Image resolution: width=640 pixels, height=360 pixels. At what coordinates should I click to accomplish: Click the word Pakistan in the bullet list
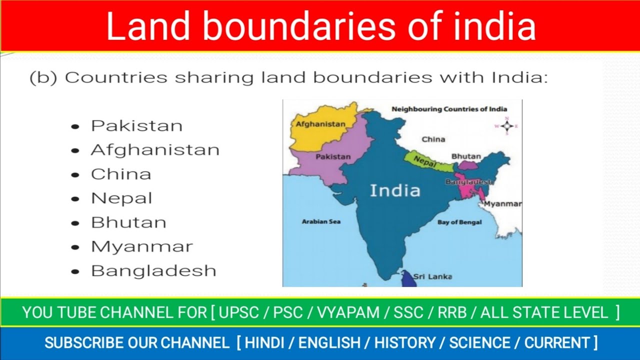click(x=136, y=125)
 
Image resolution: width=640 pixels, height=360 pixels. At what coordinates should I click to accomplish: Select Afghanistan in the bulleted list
click(x=155, y=149)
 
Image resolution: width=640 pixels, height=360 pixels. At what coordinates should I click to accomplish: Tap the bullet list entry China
click(x=121, y=174)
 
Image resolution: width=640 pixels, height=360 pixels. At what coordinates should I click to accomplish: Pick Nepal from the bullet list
click(x=121, y=198)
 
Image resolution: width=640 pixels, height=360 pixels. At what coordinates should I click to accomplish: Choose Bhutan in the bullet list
click(x=128, y=222)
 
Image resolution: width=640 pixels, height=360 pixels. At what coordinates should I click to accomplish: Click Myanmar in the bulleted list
click(x=141, y=246)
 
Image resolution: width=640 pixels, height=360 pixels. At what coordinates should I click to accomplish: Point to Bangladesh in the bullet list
click(x=153, y=270)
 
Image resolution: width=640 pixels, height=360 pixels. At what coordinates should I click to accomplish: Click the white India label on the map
click(x=395, y=190)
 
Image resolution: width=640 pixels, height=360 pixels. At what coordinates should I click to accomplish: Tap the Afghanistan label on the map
click(x=320, y=124)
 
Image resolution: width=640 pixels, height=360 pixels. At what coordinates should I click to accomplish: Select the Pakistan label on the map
click(x=333, y=156)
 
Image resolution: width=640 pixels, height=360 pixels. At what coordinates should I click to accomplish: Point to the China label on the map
click(x=433, y=139)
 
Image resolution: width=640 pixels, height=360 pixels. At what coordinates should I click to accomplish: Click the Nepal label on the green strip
click(x=425, y=161)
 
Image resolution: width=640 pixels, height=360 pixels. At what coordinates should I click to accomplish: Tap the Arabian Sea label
click(x=321, y=221)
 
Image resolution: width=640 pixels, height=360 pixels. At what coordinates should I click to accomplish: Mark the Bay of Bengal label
click(x=459, y=222)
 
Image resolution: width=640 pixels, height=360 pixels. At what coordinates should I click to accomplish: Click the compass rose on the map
click(x=506, y=126)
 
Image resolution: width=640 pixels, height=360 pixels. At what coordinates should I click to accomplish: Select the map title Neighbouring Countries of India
click(x=449, y=109)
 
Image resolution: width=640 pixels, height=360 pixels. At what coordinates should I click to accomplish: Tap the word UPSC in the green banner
click(x=239, y=313)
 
